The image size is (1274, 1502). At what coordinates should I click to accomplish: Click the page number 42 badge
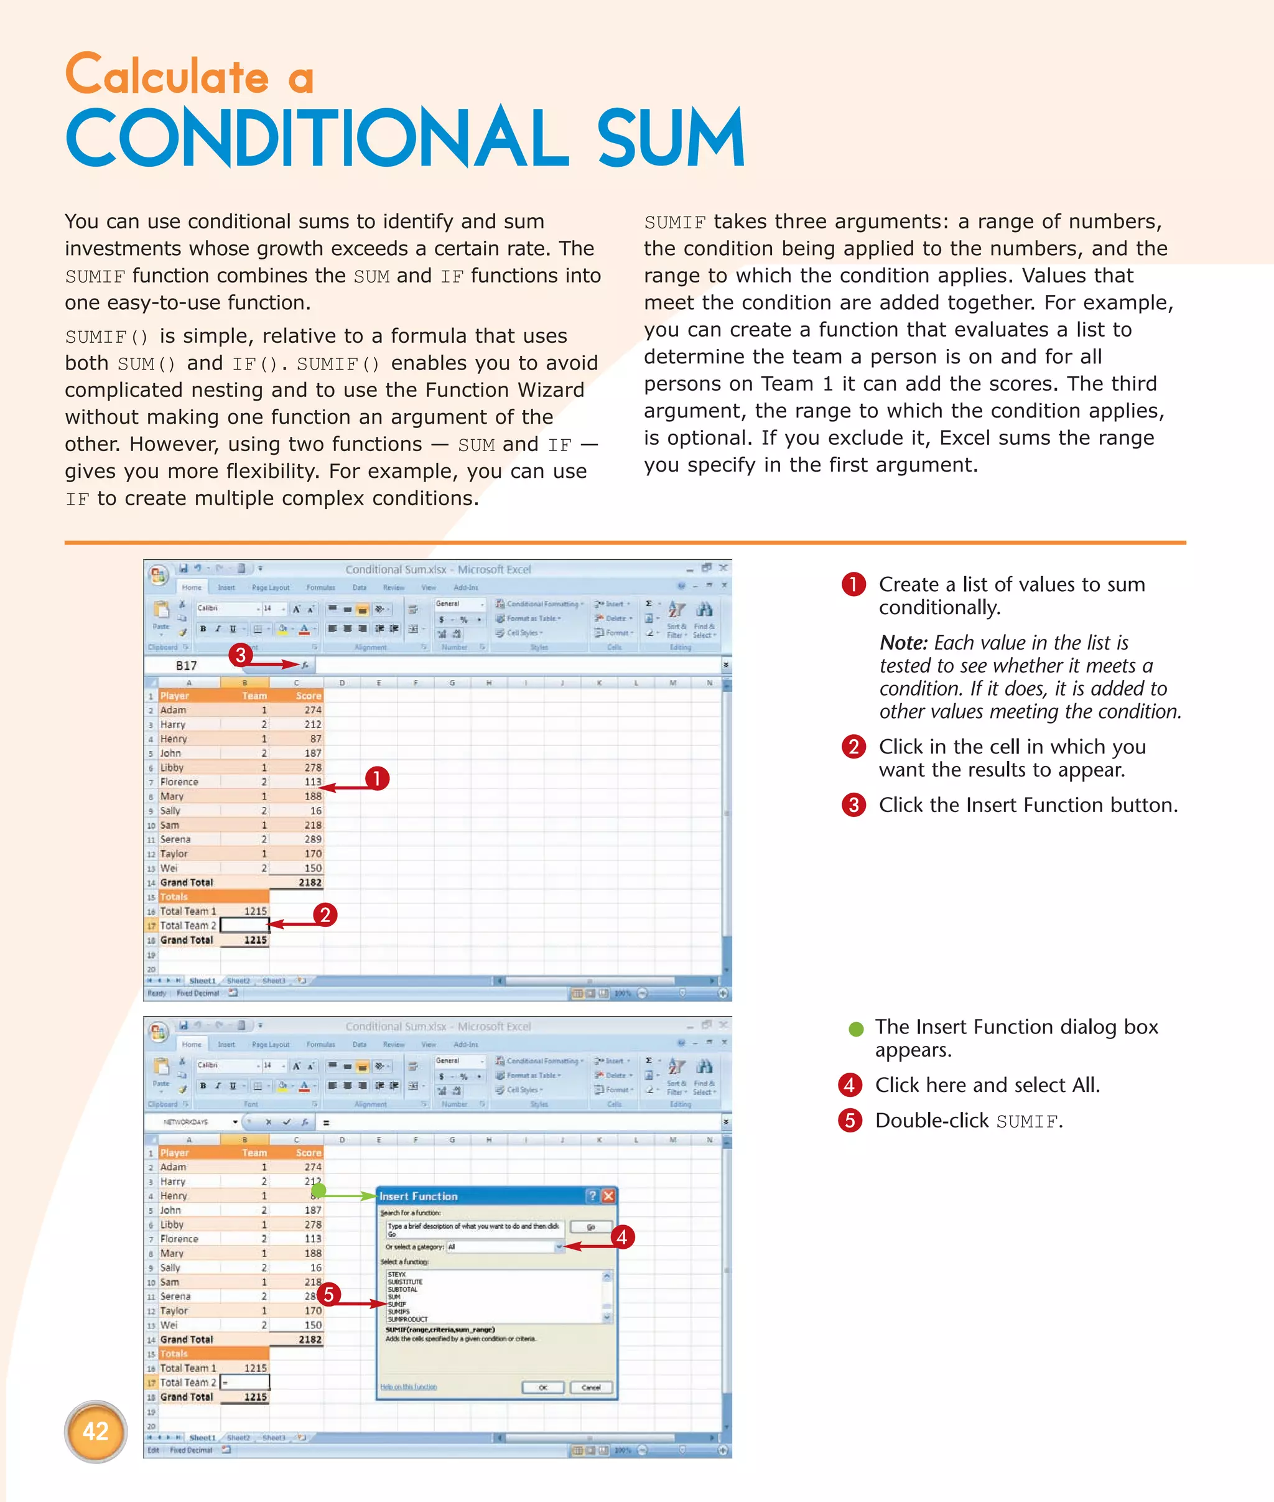[x=95, y=1430]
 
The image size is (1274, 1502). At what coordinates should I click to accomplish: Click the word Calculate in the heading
[x=167, y=76]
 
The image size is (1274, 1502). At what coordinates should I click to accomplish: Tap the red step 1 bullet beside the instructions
[x=853, y=584]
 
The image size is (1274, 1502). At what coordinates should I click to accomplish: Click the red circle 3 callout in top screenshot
[x=241, y=655]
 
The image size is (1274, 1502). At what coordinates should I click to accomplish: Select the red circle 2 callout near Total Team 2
[x=325, y=915]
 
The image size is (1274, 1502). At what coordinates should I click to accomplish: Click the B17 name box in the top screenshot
[x=187, y=665]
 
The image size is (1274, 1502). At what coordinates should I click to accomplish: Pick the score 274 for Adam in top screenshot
[x=312, y=710]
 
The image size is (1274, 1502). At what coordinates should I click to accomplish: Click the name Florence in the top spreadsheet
[x=179, y=781]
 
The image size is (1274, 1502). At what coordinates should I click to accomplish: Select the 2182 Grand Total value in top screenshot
[x=310, y=882]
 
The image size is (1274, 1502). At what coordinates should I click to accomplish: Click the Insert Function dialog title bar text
[x=418, y=1196]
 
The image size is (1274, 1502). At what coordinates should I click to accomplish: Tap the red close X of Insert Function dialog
[x=608, y=1196]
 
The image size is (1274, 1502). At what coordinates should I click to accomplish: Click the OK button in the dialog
[x=542, y=1387]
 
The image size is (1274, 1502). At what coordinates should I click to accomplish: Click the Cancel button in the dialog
[x=591, y=1387]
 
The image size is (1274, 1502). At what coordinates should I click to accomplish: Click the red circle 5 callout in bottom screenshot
[x=328, y=1294]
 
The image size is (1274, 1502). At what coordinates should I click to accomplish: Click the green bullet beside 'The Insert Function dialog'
[x=856, y=1029]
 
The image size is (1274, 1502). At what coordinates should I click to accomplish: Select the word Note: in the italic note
[x=903, y=643]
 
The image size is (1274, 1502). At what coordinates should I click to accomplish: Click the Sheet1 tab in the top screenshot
[x=202, y=981]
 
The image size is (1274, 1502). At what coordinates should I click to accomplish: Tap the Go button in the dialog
[x=590, y=1227]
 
